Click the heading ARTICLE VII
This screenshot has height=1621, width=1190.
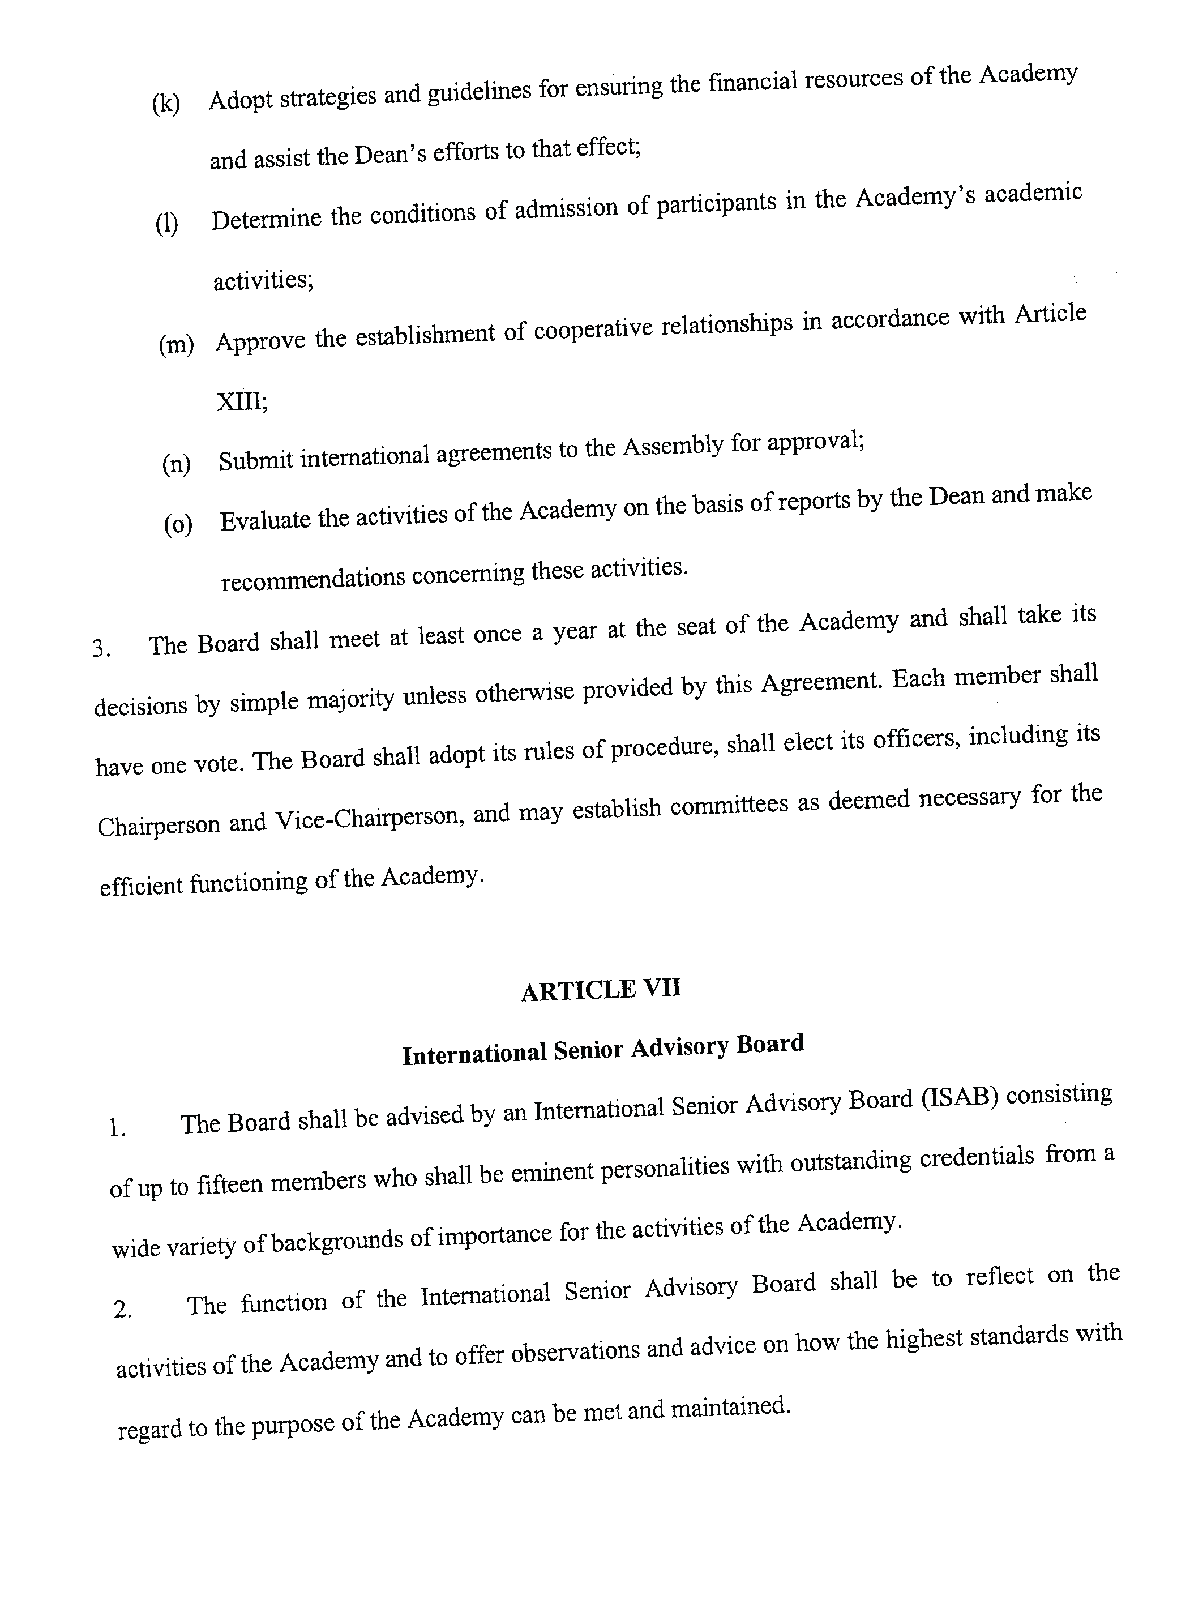[601, 990]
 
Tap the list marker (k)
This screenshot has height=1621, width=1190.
[166, 104]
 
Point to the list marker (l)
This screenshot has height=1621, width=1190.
[167, 225]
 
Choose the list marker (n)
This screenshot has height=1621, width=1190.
[177, 464]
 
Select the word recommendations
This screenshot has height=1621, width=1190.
[313, 579]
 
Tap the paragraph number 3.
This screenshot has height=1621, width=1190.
[101, 649]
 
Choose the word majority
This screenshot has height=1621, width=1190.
[352, 699]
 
